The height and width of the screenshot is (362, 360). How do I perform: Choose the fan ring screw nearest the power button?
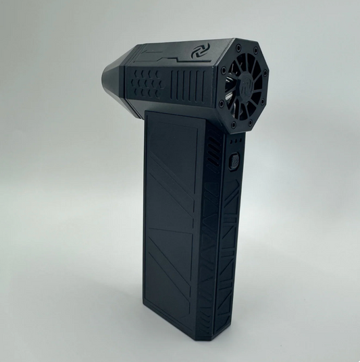(234, 126)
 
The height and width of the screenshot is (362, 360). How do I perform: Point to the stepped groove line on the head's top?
(172, 56)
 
